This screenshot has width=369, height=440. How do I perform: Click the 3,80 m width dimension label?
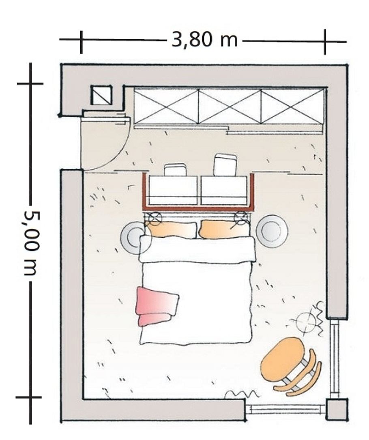[204, 40]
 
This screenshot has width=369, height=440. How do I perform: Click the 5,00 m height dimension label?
[31, 243]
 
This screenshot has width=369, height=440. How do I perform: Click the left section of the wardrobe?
[166, 107]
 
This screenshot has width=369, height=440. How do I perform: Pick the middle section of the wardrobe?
[230, 107]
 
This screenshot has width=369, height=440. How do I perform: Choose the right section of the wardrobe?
[292, 107]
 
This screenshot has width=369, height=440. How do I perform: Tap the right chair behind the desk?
[225, 165]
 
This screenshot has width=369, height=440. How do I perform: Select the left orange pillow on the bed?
[172, 230]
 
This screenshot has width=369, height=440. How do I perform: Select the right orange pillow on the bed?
[224, 229]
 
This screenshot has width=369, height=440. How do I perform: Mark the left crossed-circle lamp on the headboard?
[154, 219]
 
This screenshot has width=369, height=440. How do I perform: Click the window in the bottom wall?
[285, 408]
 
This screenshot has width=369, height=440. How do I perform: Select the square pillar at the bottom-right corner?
[337, 409]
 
